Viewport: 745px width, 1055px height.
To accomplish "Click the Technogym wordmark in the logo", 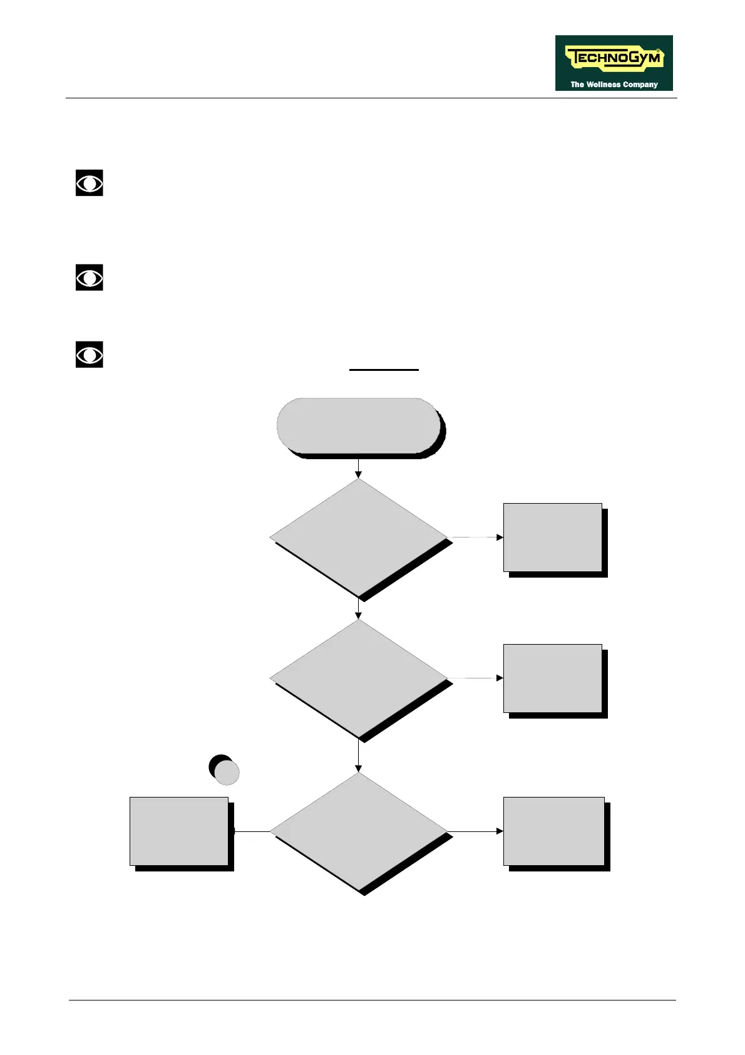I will [614, 59].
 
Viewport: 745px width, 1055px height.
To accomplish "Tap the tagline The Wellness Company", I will [614, 84].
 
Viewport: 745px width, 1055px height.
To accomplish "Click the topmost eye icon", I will [90, 183].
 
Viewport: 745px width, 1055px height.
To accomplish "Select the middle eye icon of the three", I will [90, 278].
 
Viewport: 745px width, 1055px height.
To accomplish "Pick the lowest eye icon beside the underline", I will [90, 355].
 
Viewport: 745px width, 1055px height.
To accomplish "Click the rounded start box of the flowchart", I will [359, 425].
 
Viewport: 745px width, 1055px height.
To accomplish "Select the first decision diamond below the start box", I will [359, 537].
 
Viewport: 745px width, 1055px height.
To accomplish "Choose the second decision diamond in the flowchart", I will [359, 678].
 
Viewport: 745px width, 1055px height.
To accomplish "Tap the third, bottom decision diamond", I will [359, 831].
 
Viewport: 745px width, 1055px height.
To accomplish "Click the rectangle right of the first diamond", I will [553, 537].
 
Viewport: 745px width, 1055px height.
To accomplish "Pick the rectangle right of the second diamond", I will [553, 678].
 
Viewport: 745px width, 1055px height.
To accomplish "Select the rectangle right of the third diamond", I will [554, 831].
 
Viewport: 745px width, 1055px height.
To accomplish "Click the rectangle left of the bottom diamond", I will [179, 831].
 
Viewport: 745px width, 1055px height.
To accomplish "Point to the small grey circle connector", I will [227, 772].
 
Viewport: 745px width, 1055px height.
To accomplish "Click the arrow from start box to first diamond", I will [359, 468].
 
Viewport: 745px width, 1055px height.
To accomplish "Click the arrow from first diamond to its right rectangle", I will [476, 537].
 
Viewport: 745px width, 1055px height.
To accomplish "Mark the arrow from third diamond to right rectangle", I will [476, 831].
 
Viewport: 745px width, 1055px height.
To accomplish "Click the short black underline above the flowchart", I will [384, 370].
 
